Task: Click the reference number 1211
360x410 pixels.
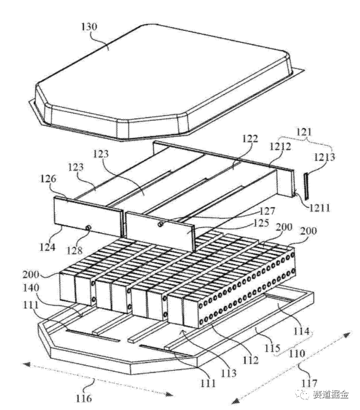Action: point(320,208)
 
